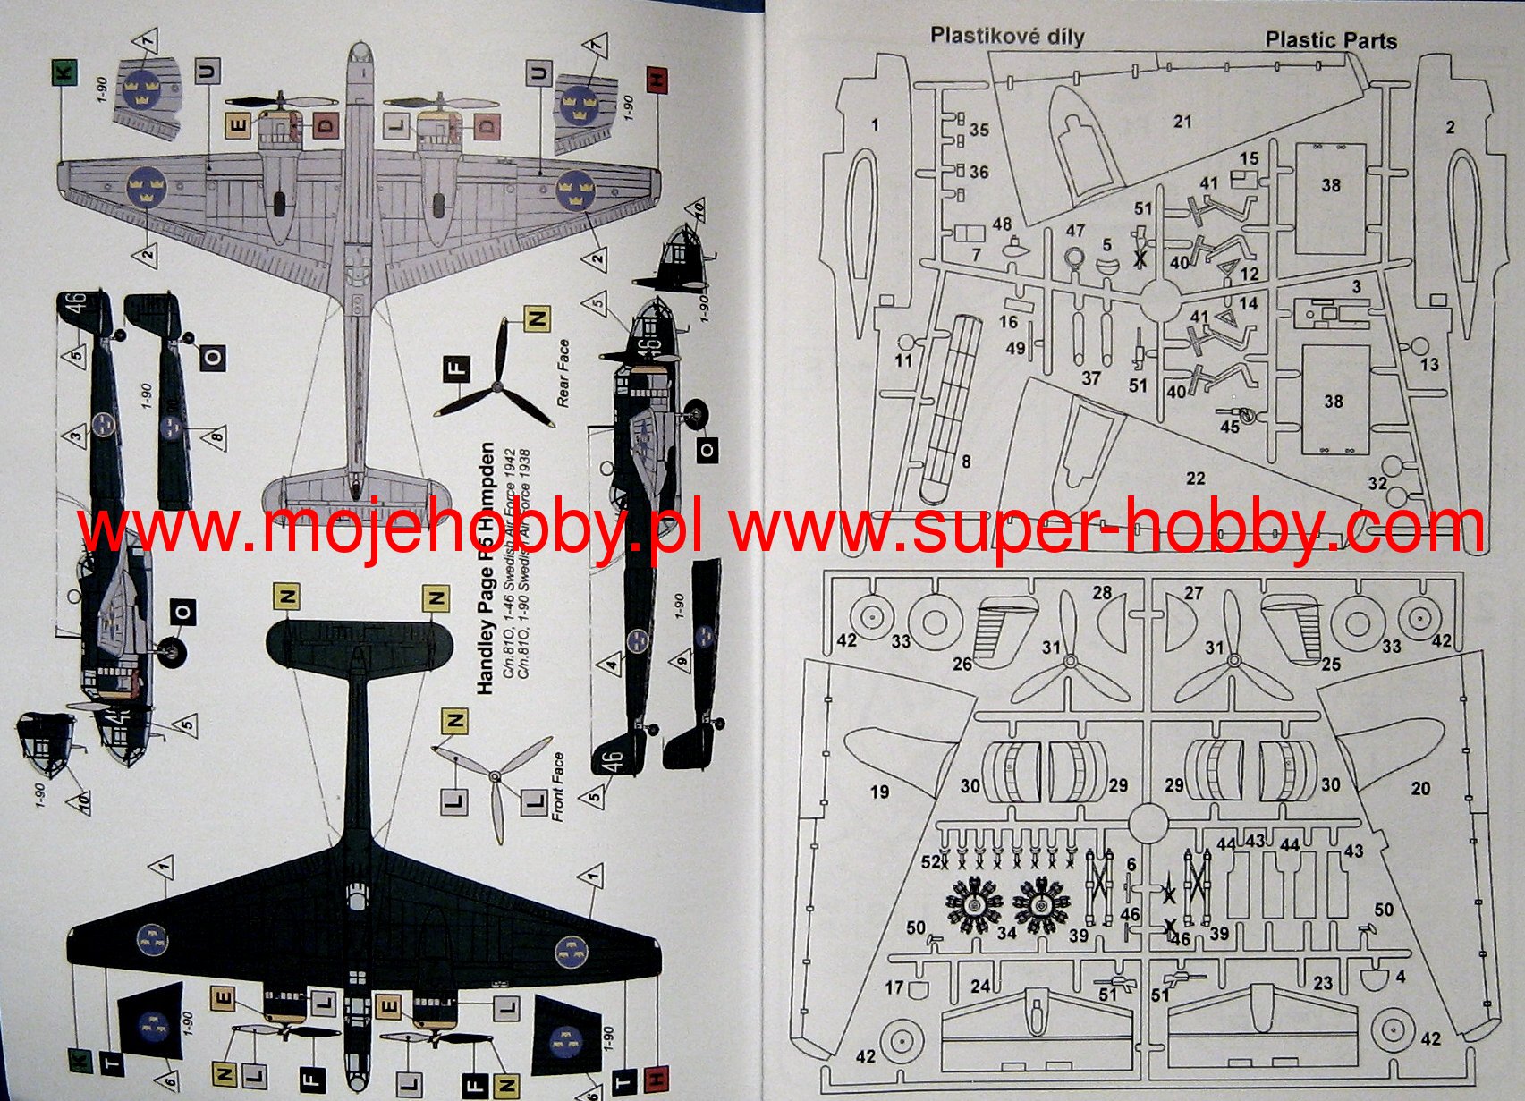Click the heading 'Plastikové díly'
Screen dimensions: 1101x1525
click(x=1006, y=36)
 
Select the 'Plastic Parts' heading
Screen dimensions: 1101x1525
click(x=1330, y=40)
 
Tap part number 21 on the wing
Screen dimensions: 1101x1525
click(x=1182, y=122)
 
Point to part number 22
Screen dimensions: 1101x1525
click(x=1195, y=479)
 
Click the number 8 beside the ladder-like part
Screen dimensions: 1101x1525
click(x=965, y=462)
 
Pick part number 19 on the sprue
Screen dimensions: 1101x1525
click(x=879, y=791)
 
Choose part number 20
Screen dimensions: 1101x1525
click(x=1420, y=788)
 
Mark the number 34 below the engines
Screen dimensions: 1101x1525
click(x=1006, y=933)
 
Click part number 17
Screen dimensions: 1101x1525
click(x=894, y=987)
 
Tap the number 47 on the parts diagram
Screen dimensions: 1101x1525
click(x=1075, y=231)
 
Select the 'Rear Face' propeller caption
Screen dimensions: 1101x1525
click(x=563, y=373)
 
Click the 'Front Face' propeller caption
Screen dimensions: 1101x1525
click(x=558, y=787)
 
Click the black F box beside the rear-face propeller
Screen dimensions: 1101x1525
click(x=457, y=368)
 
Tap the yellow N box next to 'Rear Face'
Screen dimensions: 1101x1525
click(x=537, y=318)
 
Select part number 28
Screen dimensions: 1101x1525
click(x=1102, y=592)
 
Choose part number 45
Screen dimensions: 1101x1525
click(x=1230, y=427)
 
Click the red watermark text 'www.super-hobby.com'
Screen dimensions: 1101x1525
click(x=1107, y=528)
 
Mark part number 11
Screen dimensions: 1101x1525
click(x=903, y=360)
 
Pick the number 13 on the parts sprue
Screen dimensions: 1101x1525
click(x=1429, y=364)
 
